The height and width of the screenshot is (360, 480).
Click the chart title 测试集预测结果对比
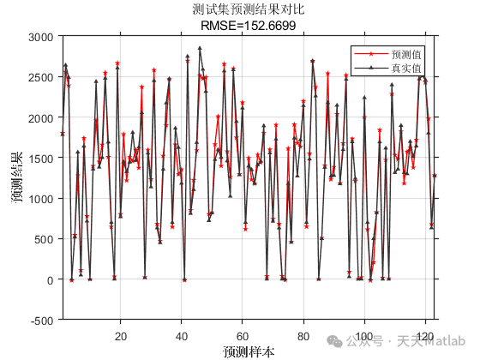pos(249,9)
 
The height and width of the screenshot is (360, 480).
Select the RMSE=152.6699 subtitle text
pos(248,25)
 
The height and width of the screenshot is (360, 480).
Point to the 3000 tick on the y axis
pos(40,37)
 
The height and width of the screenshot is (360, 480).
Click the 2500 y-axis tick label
pos(40,77)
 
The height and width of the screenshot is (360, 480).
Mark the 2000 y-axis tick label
pos(40,117)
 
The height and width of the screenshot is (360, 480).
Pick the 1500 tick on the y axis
pos(40,159)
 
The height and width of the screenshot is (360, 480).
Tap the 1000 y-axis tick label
pos(40,199)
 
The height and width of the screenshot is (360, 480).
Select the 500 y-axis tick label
pos(43,239)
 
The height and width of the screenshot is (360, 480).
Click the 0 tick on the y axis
pos(50,280)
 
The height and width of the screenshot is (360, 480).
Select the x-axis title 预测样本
pos(248,351)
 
